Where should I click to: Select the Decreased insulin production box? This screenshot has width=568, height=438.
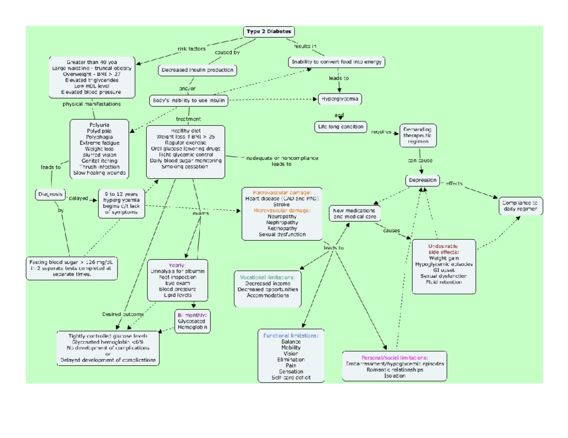pyautogui.click(x=197, y=70)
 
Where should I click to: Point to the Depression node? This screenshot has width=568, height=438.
pyautogui.click(x=423, y=180)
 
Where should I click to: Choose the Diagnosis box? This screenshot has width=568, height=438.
pyautogui.click(x=50, y=194)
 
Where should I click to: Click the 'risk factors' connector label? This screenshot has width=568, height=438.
pyautogui.click(x=191, y=49)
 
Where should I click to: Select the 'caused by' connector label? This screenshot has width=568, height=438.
pyautogui.click(x=227, y=52)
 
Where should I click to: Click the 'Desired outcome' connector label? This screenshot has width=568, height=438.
pyautogui.click(x=123, y=314)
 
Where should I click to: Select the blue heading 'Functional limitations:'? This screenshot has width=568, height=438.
pyautogui.click(x=291, y=335)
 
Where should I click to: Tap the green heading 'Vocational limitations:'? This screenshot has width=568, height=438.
pyautogui.click(x=268, y=277)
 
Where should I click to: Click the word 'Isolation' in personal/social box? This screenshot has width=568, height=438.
pyautogui.click(x=395, y=376)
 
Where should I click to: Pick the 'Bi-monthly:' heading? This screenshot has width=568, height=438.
pyautogui.click(x=192, y=314)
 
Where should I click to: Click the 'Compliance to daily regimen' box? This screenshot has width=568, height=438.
pyautogui.click(x=519, y=206)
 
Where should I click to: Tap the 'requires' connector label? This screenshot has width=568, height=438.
pyautogui.click(x=381, y=132)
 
